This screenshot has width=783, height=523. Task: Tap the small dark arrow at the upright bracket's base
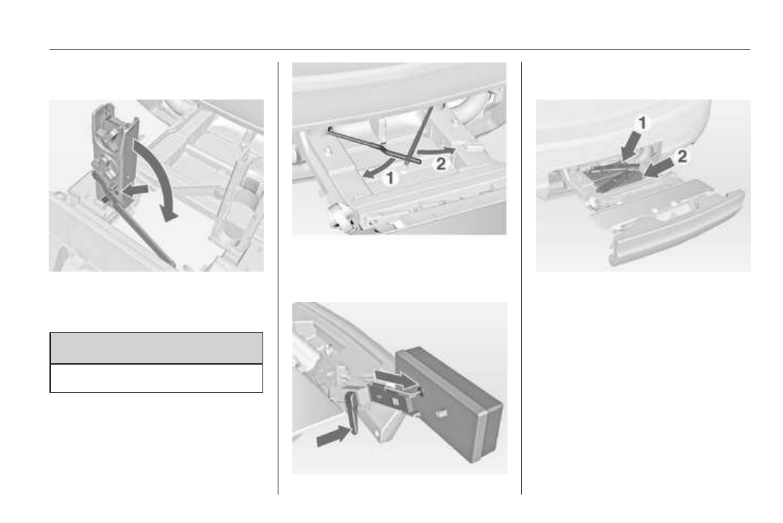136,190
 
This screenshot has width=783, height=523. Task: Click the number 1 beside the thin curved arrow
390,178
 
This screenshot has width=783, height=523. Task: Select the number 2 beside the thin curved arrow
441,163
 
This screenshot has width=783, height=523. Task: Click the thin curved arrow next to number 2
436,150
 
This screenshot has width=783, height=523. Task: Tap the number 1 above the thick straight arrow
643,123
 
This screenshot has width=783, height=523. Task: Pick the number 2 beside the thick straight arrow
682,157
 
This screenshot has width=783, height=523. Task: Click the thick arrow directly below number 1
630,146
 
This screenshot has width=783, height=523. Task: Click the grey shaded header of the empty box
156,349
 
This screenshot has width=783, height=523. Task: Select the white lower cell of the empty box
156,378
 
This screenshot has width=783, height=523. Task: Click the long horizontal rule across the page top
399,50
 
